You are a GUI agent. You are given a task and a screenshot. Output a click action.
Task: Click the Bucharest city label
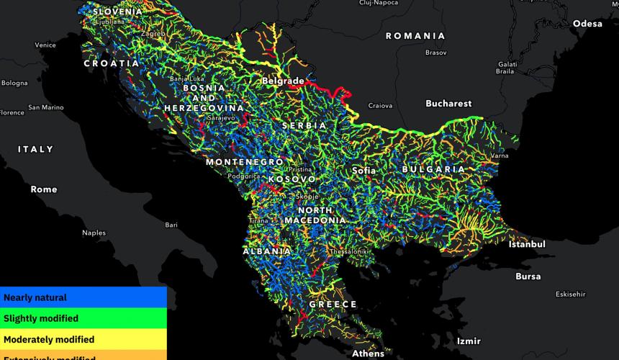(x=448, y=104)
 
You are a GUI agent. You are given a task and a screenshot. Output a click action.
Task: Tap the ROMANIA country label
(x=415, y=35)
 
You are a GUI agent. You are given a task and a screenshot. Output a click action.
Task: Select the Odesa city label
(x=587, y=24)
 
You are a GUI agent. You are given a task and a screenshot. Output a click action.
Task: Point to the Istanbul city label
(x=527, y=244)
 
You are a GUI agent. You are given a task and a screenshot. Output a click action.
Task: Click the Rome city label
(x=44, y=189)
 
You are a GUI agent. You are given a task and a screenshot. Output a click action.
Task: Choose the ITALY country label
(x=36, y=149)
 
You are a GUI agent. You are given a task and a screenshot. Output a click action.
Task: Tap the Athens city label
(x=367, y=354)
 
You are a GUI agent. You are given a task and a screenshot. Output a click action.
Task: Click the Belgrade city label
(x=284, y=81)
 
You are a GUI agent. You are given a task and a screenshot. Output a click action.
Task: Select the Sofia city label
(x=364, y=171)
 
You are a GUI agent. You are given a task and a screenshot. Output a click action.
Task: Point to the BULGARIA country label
(x=433, y=169)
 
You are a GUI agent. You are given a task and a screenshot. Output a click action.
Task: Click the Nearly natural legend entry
(x=35, y=297)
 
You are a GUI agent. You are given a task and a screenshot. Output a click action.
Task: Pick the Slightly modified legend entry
(x=41, y=318)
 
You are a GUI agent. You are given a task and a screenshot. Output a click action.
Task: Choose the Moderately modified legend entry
(x=49, y=339)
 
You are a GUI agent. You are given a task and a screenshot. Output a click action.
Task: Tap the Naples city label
(x=94, y=233)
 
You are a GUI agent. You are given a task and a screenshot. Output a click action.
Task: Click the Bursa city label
(x=528, y=276)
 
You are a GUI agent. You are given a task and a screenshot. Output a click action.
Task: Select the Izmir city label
(x=468, y=341)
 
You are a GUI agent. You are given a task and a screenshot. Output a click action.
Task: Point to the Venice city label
(x=45, y=45)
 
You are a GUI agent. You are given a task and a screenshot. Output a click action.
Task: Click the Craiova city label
(x=381, y=106)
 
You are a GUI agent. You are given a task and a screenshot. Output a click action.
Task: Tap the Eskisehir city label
(x=571, y=294)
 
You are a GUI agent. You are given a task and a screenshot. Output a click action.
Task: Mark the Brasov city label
(x=435, y=53)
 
